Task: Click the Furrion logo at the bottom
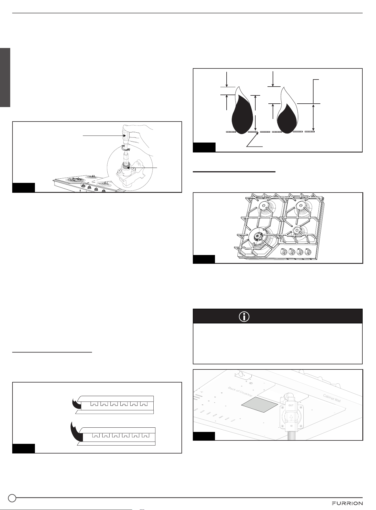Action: pyautogui.click(x=347, y=503)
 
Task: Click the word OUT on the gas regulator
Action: pyautogui.click(x=291, y=405)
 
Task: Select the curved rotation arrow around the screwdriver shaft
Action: pyautogui.click(x=126, y=149)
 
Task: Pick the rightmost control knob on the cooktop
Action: pyautogui.click(x=307, y=252)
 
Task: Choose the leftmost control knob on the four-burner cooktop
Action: pyautogui.click(x=283, y=252)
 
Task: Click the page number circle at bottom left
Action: pyautogui.click(x=12, y=498)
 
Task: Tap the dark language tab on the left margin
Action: pyautogui.click(x=5, y=78)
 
